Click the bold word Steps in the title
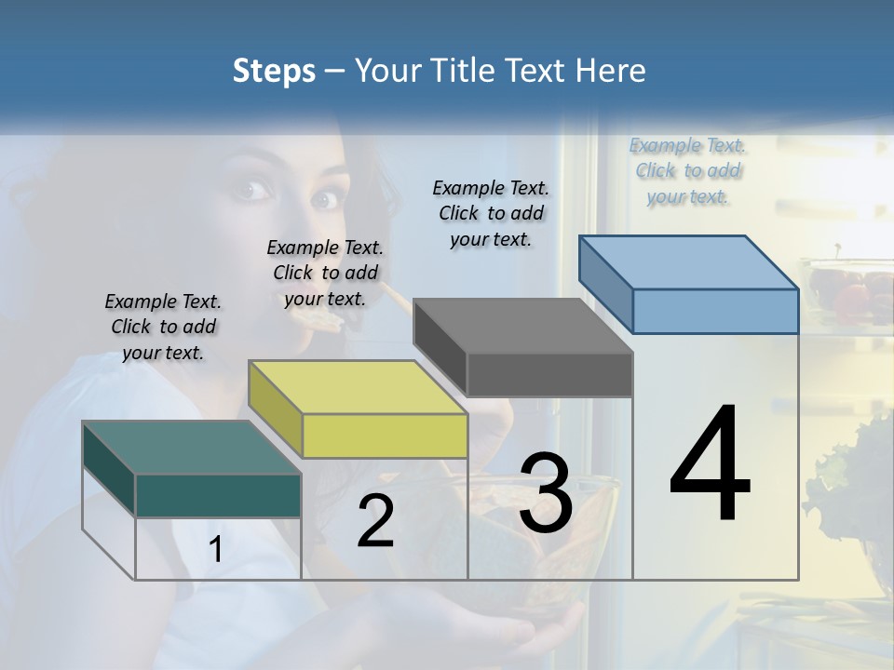[x=274, y=72]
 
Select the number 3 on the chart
[x=546, y=493]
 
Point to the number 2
[x=376, y=521]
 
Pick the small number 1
[x=215, y=550]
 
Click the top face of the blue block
[x=688, y=262]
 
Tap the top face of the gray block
[x=522, y=326]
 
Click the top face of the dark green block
[x=191, y=448]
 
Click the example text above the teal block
[x=163, y=327]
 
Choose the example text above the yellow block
[x=325, y=273]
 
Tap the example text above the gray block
[x=491, y=213]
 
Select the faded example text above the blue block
[x=687, y=170]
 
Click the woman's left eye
[x=323, y=199]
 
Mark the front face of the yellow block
[x=385, y=435]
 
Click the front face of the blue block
[x=715, y=311]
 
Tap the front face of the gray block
[x=549, y=374]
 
